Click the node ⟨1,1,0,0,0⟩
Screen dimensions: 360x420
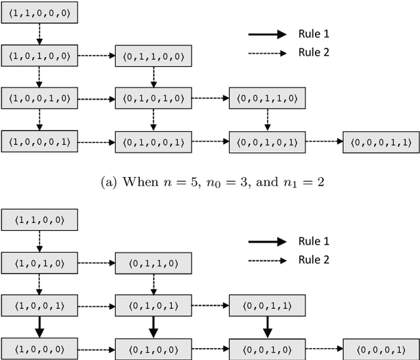tap(40, 13)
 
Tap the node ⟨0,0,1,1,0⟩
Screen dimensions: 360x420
tap(267, 98)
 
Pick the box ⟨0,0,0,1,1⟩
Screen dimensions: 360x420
tap(381, 142)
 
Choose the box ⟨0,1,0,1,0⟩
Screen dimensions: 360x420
tap(154, 98)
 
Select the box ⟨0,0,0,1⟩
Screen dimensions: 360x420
tap(381, 347)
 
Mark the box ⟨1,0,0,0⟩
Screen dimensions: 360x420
tap(40, 347)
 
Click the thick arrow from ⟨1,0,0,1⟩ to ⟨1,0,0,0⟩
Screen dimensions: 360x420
tap(40, 325)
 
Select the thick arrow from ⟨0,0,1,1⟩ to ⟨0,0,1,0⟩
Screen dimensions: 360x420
tap(267, 325)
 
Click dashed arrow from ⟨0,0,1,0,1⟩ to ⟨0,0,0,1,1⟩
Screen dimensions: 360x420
tap(324, 141)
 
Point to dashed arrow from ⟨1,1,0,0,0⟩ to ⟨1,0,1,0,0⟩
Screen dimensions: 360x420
tap(40, 34)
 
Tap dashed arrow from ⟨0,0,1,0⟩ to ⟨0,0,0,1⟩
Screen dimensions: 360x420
tap(324, 347)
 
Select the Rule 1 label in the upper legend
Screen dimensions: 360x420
tap(315, 35)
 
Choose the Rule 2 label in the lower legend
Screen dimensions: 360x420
tap(315, 260)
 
